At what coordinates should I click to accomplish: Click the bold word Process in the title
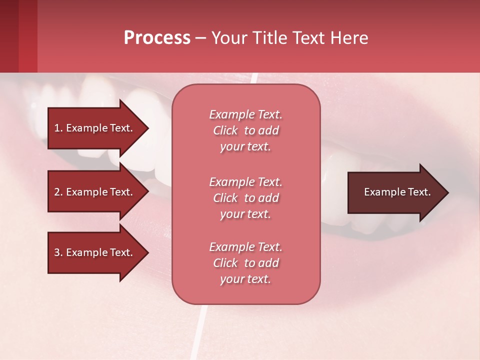coord(157,37)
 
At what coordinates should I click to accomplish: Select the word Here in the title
coord(348,38)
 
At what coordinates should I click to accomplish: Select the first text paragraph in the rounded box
coord(245,130)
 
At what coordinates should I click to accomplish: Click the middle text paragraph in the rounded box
coord(245,198)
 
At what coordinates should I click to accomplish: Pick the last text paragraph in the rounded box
coord(245,263)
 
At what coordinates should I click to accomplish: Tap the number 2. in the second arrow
coord(58,192)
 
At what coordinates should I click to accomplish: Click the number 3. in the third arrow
coord(58,252)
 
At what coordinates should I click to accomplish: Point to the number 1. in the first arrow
coord(58,128)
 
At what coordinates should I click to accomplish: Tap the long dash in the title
coord(200,38)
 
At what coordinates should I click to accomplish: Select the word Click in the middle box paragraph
coord(225,198)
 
